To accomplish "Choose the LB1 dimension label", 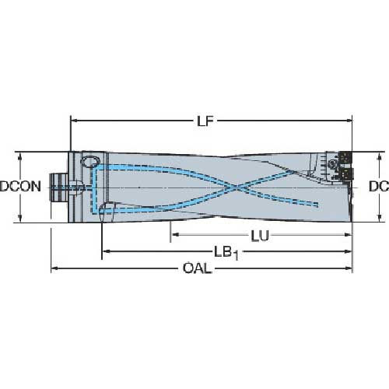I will coord(226,253).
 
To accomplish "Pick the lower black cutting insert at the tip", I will coord(348,174).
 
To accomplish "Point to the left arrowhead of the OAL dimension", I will coord(54,270).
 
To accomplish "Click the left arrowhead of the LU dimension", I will coord(174,234).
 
